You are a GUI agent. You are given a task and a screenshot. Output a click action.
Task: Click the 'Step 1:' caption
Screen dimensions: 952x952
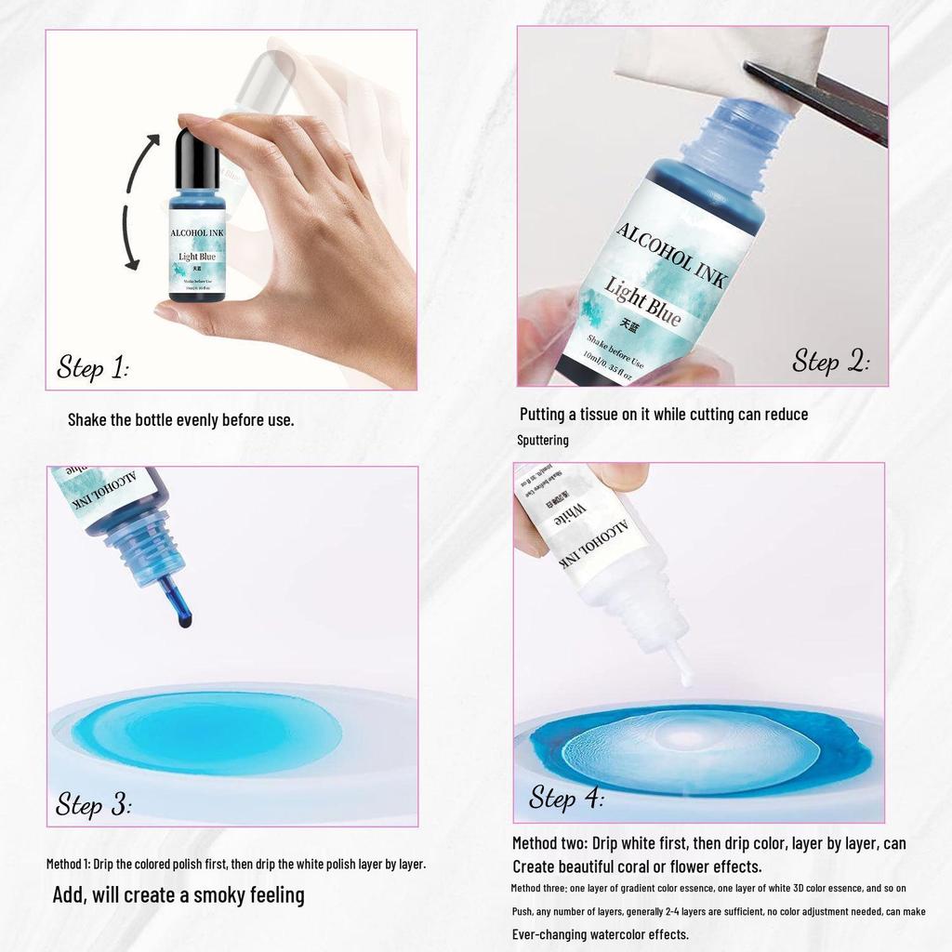click(x=93, y=367)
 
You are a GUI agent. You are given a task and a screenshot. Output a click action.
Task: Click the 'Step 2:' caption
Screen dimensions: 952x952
click(x=830, y=361)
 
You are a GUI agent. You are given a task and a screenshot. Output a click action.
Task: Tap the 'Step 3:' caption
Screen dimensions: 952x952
click(x=93, y=804)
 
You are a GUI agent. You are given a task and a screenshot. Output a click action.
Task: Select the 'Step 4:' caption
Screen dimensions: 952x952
click(x=566, y=798)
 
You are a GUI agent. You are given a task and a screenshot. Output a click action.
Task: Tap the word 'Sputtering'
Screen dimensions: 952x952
click(x=543, y=440)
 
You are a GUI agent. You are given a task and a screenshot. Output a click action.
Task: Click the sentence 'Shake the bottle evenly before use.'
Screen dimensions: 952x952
click(x=180, y=419)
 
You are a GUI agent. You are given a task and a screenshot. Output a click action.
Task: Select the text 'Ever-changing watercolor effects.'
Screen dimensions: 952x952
click(x=601, y=934)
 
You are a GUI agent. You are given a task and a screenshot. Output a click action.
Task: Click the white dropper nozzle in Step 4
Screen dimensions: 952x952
click(x=683, y=665)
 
